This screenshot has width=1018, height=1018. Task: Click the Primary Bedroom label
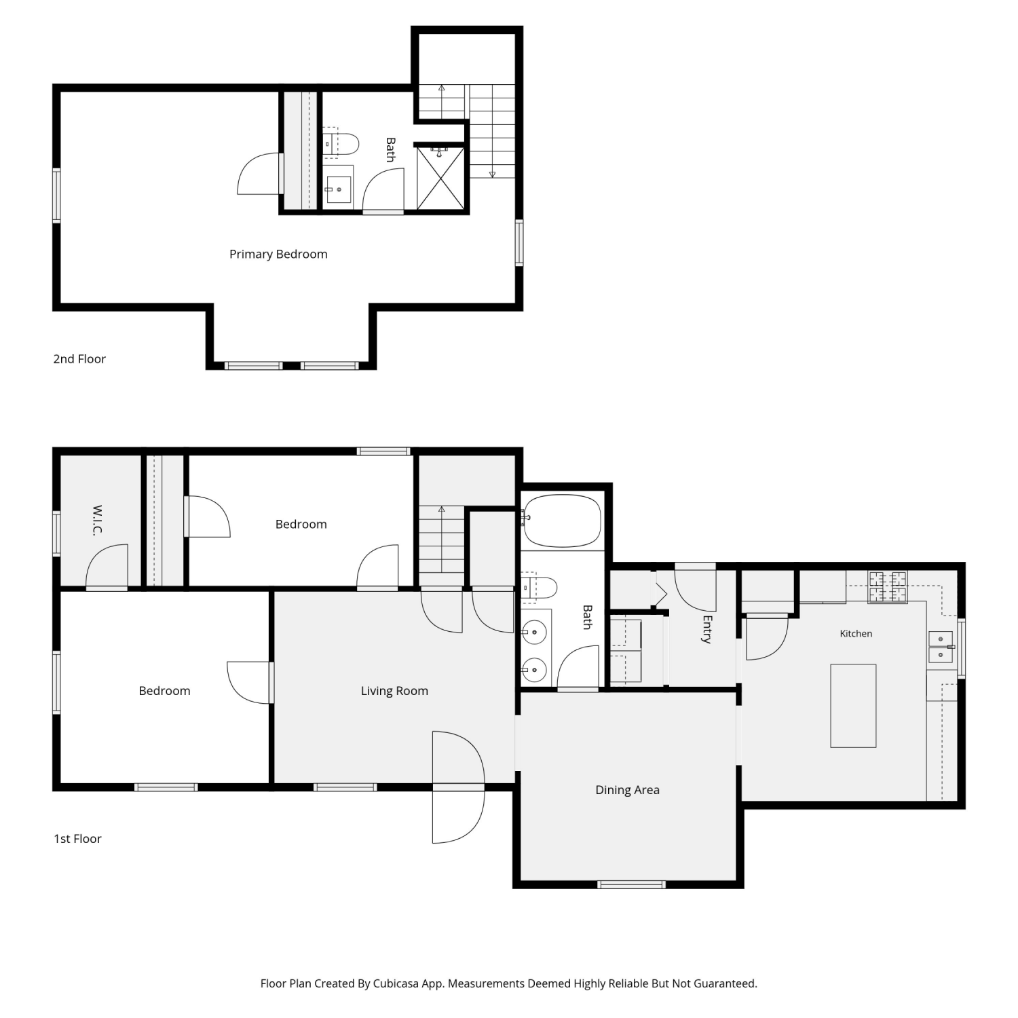tap(278, 254)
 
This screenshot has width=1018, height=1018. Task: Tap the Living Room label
tap(394, 691)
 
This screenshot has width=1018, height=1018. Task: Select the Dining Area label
tap(627, 790)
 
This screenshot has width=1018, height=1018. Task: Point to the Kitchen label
tap(856, 633)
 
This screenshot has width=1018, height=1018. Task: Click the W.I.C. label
tap(98, 520)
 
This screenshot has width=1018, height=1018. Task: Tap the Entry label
tap(706, 629)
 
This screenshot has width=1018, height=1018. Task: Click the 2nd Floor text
tap(79, 359)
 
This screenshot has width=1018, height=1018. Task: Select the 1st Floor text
tap(77, 839)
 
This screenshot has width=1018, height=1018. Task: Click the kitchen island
tap(853, 706)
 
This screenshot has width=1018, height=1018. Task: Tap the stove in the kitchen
tap(888, 588)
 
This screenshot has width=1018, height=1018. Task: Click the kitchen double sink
tap(941, 647)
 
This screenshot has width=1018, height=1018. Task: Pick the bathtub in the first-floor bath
tap(561, 521)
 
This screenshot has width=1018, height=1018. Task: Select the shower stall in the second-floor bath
tap(440, 178)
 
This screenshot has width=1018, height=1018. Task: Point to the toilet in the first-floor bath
tap(539, 588)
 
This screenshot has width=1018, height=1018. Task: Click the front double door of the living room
tap(459, 787)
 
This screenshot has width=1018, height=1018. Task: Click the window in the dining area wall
tap(631, 884)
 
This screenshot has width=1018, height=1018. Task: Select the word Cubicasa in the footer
tap(396, 983)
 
